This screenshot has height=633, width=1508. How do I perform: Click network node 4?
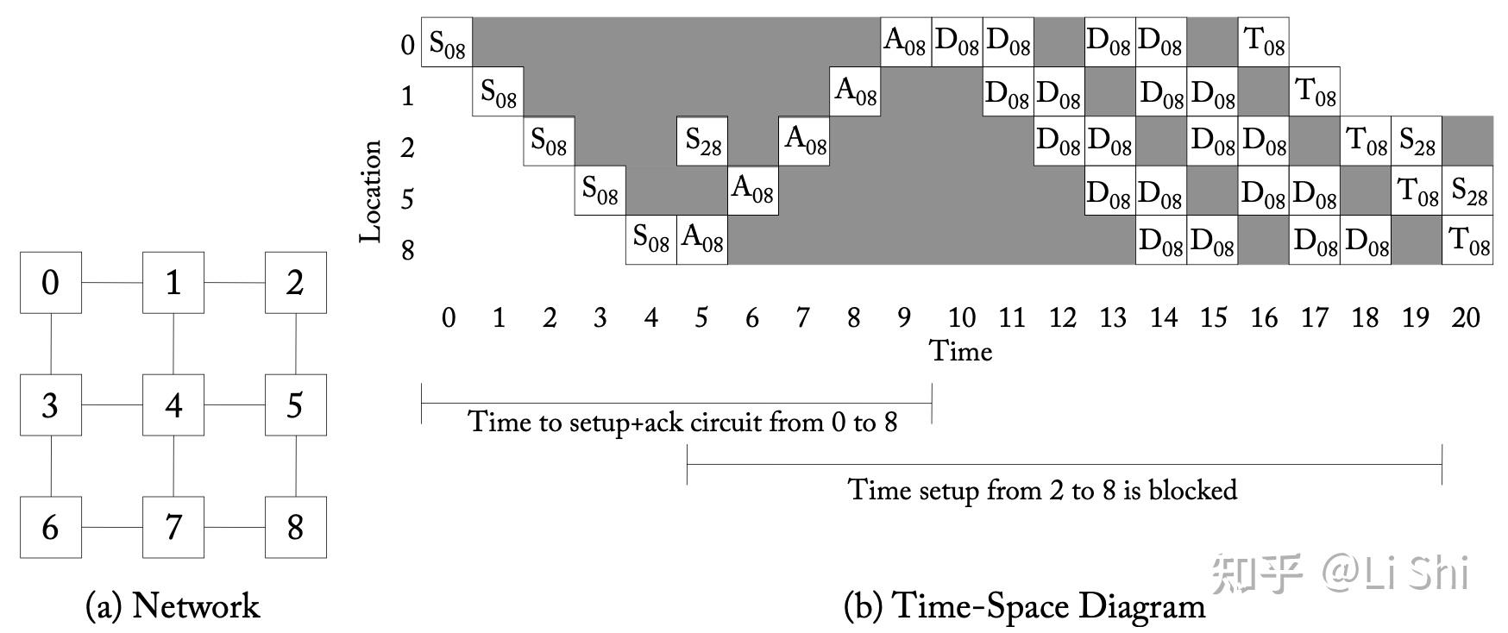(x=173, y=404)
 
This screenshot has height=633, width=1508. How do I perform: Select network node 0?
(x=51, y=283)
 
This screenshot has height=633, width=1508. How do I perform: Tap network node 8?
(x=295, y=527)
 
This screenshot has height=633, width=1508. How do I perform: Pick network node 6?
(x=51, y=527)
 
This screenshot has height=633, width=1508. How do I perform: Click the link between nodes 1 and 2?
(x=234, y=283)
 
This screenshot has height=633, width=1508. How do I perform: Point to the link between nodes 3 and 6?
(x=51, y=466)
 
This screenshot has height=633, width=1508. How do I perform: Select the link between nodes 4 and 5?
(x=234, y=404)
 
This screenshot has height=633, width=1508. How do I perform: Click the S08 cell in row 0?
(x=447, y=42)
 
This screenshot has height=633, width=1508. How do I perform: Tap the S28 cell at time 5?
(x=702, y=141)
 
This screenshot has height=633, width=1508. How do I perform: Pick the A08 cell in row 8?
(x=702, y=240)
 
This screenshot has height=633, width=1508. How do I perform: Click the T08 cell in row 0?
(x=1264, y=42)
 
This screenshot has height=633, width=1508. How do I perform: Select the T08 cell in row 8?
(x=1467, y=240)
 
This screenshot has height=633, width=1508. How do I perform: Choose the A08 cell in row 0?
(x=906, y=42)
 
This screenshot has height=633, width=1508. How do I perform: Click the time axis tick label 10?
(x=961, y=317)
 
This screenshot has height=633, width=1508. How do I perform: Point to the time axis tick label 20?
(x=1466, y=317)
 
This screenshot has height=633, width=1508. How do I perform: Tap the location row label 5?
(x=407, y=199)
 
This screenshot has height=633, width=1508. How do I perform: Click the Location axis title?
(x=371, y=191)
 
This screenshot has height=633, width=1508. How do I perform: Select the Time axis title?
(x=960, y=351)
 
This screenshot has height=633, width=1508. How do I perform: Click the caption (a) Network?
(x=173, y=605)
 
